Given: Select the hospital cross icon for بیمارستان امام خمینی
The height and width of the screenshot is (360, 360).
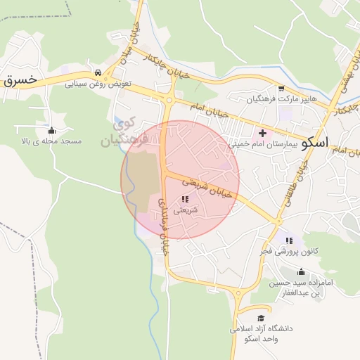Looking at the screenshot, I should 263,132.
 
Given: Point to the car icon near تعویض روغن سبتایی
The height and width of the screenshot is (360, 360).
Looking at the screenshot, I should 97,72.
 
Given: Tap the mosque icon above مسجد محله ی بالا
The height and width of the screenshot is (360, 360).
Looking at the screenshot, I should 51,130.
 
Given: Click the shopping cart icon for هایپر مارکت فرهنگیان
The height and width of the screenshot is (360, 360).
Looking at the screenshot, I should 281,89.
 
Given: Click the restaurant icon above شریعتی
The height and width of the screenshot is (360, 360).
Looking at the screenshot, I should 185,200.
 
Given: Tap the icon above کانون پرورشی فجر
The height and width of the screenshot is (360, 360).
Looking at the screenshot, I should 289,240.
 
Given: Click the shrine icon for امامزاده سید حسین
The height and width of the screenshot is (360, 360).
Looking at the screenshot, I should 302,271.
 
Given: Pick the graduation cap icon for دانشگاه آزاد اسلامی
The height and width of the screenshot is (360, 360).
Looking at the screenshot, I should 263,318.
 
